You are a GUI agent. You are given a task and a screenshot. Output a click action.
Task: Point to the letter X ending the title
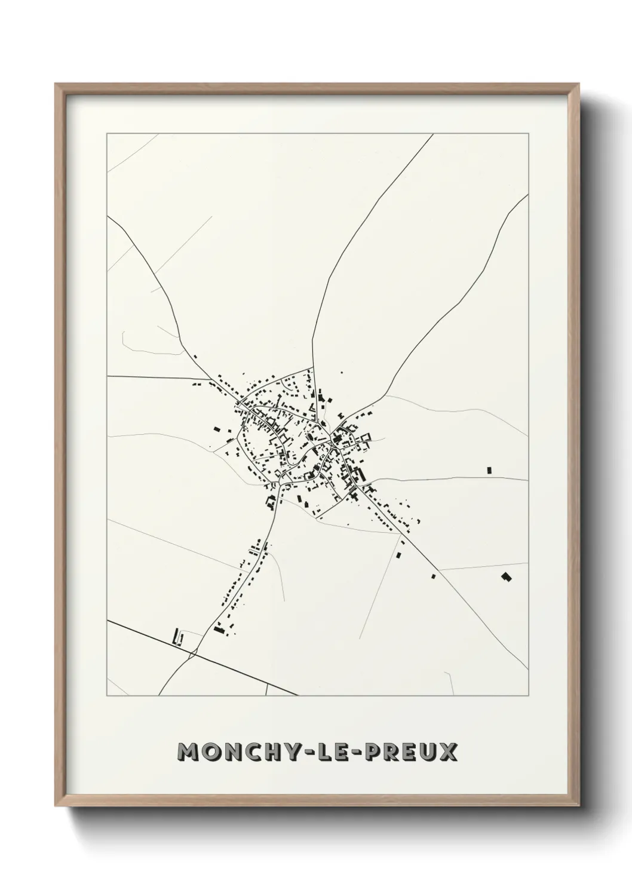click(x=449, y=753)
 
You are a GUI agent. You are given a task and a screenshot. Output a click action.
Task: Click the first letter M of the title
click(x=189, y=753)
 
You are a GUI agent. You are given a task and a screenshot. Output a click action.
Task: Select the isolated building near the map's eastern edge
click(x=489, y=470)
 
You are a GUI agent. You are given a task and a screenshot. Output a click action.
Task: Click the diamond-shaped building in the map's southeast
click(x=506, y=577)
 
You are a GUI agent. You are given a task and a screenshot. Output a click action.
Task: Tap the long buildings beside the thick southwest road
click(x=177, y=638)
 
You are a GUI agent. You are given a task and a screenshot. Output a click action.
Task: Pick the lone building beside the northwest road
click(x=195, y=357)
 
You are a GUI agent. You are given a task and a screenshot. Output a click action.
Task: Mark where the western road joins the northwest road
click(x=211, y=379)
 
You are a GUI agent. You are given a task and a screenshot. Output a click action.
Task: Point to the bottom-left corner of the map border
click(x=107, y=696)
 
